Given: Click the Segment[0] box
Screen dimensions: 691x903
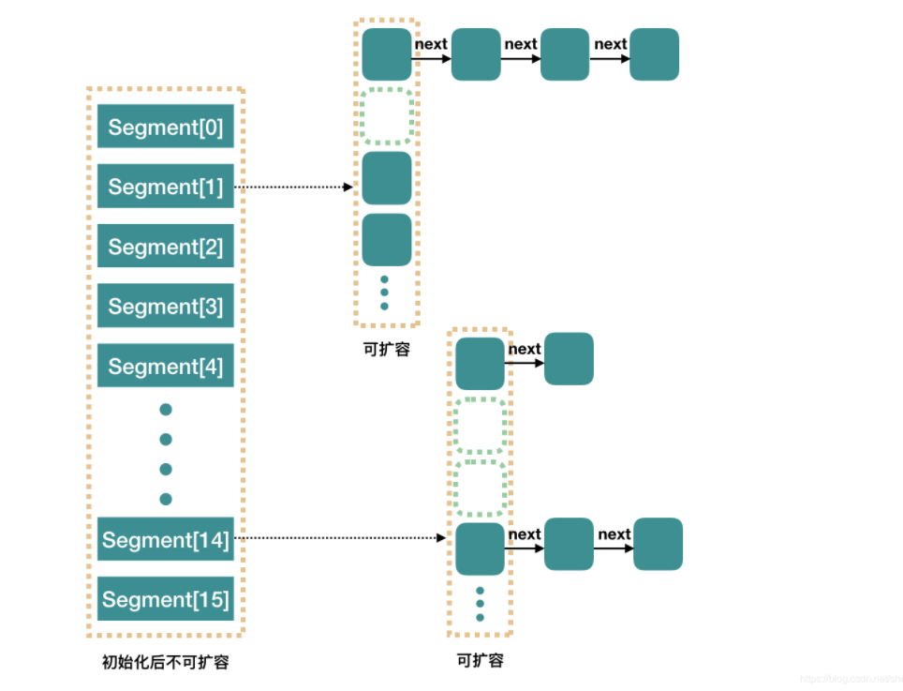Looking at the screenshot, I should click(x=165, y=127).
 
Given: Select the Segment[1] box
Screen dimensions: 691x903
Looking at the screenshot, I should click(x=165, y=187).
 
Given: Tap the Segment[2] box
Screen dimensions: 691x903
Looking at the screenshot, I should click(x=165, y=247).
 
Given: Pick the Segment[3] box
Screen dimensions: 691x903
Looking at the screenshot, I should click(x=165, y=307).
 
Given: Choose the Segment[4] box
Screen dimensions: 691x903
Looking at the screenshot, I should click(x=165, y=367).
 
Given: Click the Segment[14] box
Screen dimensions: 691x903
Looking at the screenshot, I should click(x=165, y=540).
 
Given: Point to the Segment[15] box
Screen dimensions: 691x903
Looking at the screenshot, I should click(x=165, y=599).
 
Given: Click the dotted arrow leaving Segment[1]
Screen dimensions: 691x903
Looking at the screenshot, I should click(x=292, y=188).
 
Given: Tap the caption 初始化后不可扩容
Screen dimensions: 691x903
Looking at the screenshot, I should click(x=165, y=662).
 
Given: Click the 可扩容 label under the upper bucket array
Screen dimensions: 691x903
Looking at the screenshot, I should click(x=386, y=349).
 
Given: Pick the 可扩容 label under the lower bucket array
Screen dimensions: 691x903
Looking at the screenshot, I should click(x=480, y=660).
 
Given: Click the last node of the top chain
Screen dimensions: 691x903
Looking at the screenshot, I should click(x=654, y=54).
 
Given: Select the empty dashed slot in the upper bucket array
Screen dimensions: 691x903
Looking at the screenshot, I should click(x=387, y=116).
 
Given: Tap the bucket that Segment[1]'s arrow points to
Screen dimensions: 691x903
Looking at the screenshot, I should click(x=387, y=178).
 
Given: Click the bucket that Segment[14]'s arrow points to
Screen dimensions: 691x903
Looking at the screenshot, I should click(x=480, y=548).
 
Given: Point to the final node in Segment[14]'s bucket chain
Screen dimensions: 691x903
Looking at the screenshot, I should click(x=658, y=544).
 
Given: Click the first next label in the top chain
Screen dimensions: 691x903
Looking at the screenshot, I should click(x=431, y=44).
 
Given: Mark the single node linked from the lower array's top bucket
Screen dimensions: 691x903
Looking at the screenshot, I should click(x=569, y=358).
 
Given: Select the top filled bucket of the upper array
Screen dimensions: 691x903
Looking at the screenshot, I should click(x=387, y=54).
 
